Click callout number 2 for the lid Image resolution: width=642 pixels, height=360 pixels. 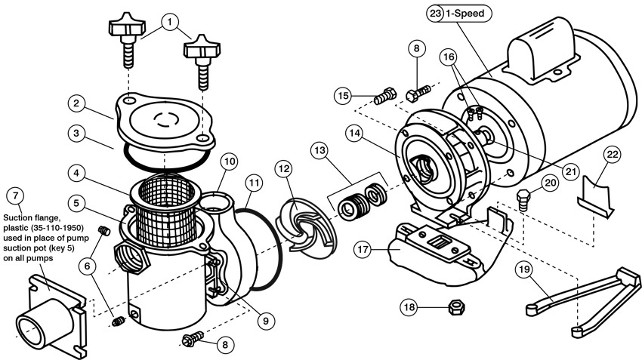coord(77,102)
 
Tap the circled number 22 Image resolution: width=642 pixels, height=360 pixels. coord(613,155)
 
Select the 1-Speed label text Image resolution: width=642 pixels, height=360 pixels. coord(468,14)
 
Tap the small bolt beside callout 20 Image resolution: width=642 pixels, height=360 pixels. coord(523,198)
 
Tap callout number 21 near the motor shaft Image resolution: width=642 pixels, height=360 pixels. coord(572,171)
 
